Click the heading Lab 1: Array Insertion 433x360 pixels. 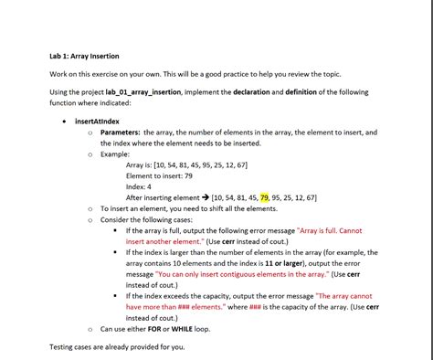click(x=84, y=57)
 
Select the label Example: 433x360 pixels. click(x=115, y=154)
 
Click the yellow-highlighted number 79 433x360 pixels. click(x=265, y=197)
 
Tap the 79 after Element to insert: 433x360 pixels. click(x=188, y=175)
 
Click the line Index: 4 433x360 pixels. click(x=143, y=186)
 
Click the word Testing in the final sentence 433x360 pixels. click(x=64, y=347)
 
